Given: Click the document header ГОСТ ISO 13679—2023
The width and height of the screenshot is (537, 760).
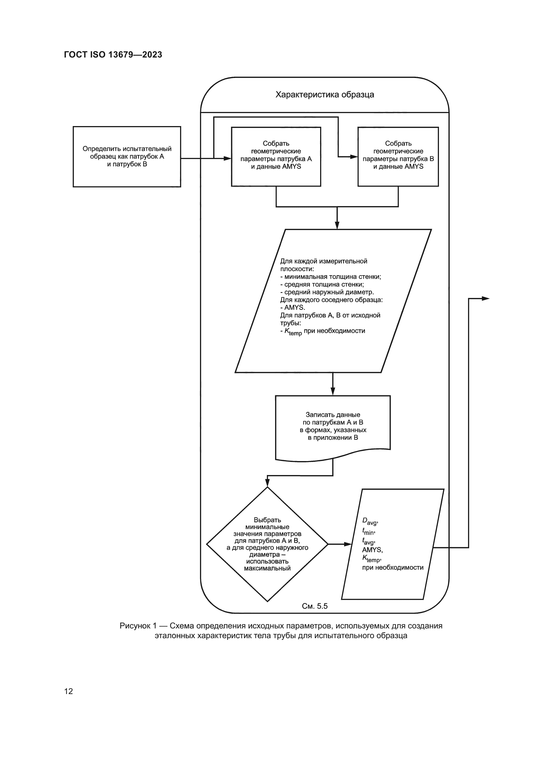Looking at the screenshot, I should [113, 55].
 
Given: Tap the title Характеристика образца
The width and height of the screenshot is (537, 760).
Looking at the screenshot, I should [325, 95].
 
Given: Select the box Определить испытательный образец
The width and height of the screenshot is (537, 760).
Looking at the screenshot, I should [127, 157].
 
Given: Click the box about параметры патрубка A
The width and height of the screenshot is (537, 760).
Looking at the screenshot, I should [276, 157].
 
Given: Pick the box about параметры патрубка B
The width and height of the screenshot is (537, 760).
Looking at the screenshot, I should [398, 157].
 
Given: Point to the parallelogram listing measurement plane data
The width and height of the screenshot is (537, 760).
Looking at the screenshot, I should [333, 301].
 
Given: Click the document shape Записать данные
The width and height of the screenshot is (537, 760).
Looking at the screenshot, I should [333, 426].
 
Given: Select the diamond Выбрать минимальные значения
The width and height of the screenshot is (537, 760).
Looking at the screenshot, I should [267, 544].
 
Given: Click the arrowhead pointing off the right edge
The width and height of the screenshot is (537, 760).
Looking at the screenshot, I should [485, 299].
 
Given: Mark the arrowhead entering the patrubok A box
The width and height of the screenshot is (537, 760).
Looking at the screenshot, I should [228, 159].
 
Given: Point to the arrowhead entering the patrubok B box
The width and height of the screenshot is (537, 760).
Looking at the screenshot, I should [354, 157].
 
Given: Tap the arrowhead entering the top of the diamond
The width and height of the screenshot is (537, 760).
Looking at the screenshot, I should [267, 483].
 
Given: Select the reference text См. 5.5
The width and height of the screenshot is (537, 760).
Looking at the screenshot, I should [315, 606].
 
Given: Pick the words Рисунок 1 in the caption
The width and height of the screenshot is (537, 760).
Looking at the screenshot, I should [138, 626].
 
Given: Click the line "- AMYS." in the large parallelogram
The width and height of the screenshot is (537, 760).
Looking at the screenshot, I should [293, 307].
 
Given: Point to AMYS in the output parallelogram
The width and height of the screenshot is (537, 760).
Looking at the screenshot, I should [372, 550].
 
